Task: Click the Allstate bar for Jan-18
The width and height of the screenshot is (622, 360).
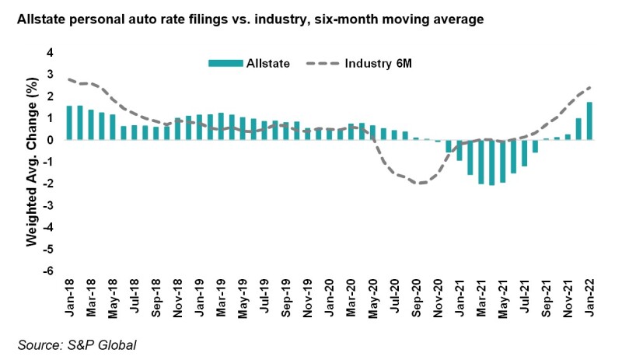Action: tap(69, 123)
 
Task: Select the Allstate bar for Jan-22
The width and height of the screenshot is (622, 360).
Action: tap(589, 121)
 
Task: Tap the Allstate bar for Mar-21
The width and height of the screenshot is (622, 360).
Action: tap(480, 162)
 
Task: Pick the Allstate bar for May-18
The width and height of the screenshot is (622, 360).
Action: tap(113, 128)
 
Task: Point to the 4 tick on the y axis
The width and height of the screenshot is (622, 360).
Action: tap(51, 53)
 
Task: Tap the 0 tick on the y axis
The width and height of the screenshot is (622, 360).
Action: tap(51, 140)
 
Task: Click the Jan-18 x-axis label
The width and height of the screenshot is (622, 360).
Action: tap(70, 299)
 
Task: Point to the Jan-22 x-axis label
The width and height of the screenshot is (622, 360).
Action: tap(589, 299)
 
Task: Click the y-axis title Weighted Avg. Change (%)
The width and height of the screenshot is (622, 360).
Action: tap(32, 162)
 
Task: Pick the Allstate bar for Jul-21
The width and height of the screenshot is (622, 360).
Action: tap(524, 153)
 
